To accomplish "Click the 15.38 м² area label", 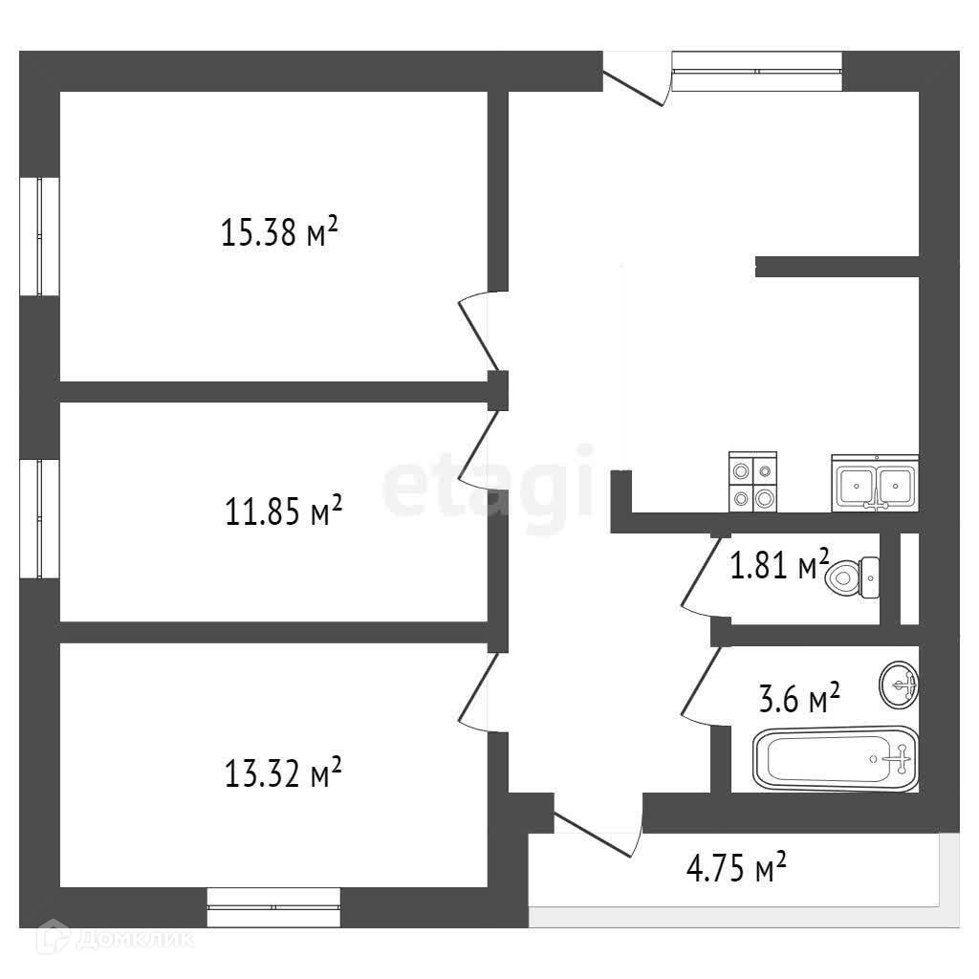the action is point(279,231).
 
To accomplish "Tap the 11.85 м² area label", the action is point(283,511).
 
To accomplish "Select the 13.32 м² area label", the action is point(283,772).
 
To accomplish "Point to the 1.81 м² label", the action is point(780,565).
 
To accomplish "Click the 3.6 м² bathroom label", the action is point(799,698).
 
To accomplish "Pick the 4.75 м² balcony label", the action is point(736,867).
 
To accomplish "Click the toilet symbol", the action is point(852,577).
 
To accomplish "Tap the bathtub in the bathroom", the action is point(836,758).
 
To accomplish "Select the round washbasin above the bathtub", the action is point(899,685).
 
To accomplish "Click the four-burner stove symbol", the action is point(753,482).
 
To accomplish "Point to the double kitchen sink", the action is point(875,483).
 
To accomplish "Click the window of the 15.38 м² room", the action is point(39,237).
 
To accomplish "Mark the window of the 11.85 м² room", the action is point(39,519).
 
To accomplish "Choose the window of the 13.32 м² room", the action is point(273,907).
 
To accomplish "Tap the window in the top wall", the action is point(757,71).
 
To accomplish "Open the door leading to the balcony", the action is point(593,834).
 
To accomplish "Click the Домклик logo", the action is point(116,939).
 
